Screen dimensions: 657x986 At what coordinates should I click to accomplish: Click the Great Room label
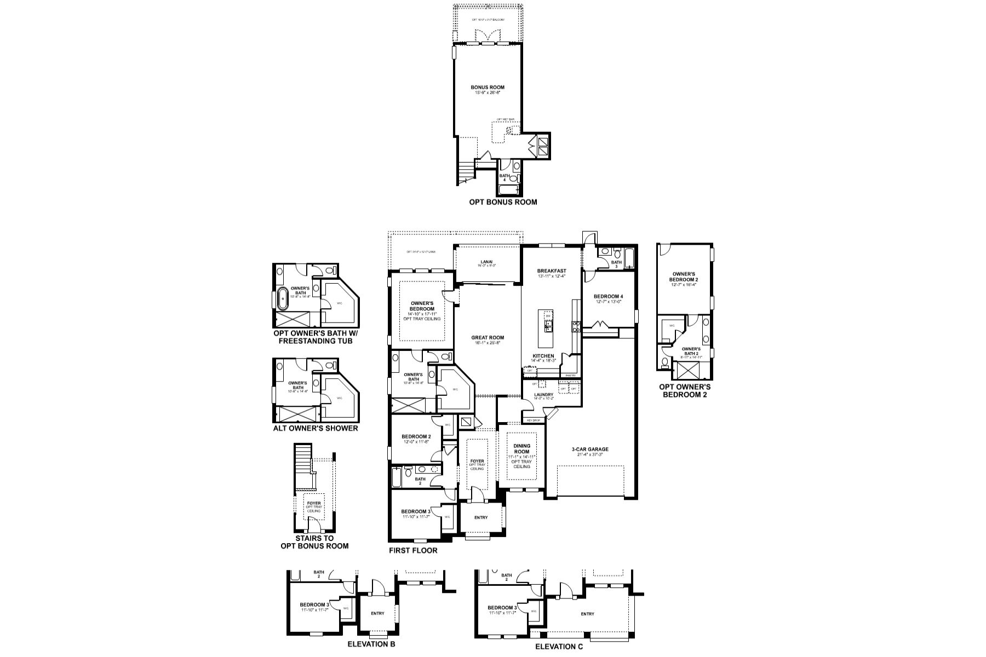click(x=488, y=338)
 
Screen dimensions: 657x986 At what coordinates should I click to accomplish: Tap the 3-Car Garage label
click(x=586, y=449)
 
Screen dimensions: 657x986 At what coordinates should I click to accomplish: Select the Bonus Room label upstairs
click(x=488, y=87)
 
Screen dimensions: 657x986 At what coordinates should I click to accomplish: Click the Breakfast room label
click(x=551, y=271)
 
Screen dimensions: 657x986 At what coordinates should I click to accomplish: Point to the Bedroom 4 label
click(x=609, y=297)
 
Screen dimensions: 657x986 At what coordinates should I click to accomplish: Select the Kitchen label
click(x=543, y=356)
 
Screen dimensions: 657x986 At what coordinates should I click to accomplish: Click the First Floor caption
click(x=414, y=550)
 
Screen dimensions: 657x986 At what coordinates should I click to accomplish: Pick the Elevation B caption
click(x=371, y=644)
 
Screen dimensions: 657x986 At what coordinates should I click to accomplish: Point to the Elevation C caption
click(x=559, y=647)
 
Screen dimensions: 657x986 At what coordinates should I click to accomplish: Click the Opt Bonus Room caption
click(x=503, y=202)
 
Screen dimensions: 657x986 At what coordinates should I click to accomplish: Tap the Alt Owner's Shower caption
click(x=315, y=428)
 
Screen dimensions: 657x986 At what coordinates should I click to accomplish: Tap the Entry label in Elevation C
click(x=587, y=614)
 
